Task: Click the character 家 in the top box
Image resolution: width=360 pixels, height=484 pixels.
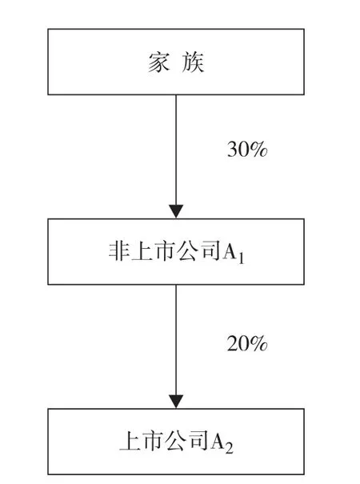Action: [x=158, y=62]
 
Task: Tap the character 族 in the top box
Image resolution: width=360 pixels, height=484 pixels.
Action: [x=193, y=62]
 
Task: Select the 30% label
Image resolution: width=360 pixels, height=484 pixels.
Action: [x=247, y=149]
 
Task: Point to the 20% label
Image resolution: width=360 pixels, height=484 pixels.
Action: [x=247, y=343]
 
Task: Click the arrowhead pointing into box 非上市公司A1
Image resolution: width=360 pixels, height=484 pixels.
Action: [x=176, y=211]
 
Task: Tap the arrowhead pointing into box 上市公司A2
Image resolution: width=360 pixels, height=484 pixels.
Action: [x=176, y=402]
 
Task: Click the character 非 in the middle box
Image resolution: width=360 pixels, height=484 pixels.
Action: [x=119, y=251]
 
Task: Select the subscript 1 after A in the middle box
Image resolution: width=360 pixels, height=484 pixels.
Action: [x=241, y=258]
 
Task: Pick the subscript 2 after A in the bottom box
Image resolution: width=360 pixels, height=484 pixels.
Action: [x=229, y=447]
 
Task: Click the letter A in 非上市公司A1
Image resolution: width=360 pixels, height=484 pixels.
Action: [x=230, y=251]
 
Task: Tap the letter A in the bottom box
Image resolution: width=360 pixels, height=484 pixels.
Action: [x=217, y=442]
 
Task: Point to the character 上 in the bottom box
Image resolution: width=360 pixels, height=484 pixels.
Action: [x=130, y=441]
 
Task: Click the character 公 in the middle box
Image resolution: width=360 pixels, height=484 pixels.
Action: [x=187, y=251]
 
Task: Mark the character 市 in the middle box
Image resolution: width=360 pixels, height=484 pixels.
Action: [x=164, y=251]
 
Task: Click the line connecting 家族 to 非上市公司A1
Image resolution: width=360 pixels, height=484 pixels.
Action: [x=176, y=150]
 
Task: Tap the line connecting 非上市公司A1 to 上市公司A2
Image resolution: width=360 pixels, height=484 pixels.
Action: [x=176, y=340]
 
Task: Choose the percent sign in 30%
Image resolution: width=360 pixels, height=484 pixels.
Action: [x=258, y=150]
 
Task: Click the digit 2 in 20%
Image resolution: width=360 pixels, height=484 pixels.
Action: [x=233, y=343]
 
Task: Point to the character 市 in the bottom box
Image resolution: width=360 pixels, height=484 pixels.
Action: [x=153, y=441]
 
